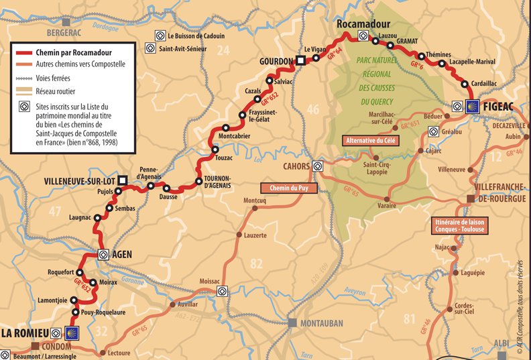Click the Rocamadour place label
point(363,24)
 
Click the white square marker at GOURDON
point(301,61)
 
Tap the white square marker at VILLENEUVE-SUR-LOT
point(122,181)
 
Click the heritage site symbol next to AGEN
point(104,254)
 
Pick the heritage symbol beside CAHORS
point(318,166)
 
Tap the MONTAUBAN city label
point(320,323)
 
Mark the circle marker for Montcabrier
point(225,127)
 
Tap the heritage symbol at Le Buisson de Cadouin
point(160,36)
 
